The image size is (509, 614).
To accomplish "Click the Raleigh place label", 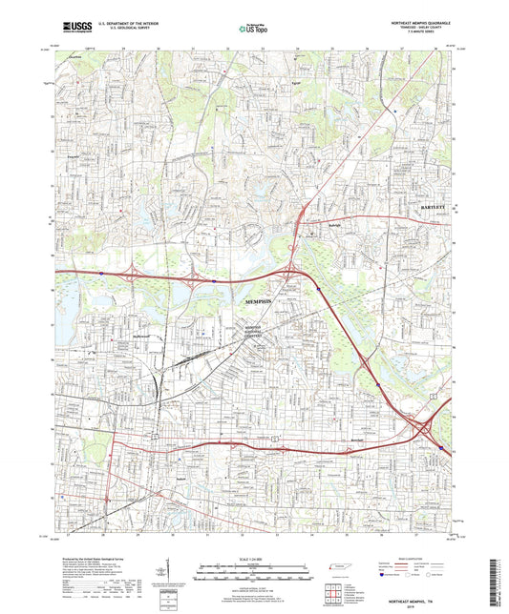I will pos(322,227).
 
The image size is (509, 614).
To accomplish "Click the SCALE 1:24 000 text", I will pos(254,559).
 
